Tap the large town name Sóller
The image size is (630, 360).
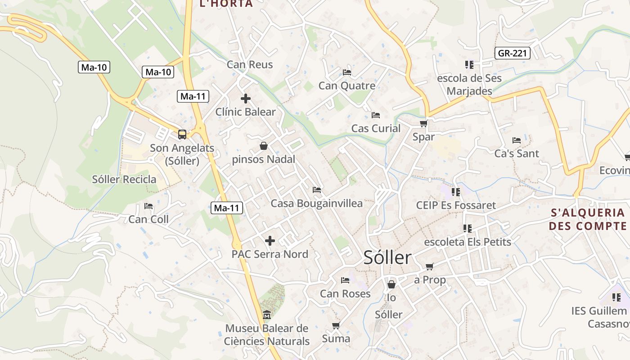click(387, 258)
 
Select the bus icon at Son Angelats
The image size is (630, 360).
click(182, 134)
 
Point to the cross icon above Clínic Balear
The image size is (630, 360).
click(246, 98)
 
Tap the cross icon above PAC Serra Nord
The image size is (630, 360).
click(270, 241)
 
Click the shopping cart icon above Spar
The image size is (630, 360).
click(423, 123)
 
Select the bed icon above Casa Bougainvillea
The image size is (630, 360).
click(317, 190)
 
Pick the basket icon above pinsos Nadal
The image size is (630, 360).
click(264, 146)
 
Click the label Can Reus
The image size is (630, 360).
click(250, 64)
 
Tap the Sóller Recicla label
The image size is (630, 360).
click(124, 179)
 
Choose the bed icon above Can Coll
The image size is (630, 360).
click(148, 206)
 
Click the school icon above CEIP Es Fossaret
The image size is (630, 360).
click(456, 192)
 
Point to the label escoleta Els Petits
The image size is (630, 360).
click(468, 242)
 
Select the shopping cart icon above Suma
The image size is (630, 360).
click(336, 325)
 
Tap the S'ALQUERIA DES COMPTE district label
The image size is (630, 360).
click(588, 219)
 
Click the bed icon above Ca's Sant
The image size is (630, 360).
click(517, 140)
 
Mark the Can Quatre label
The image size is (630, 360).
click(346, 85)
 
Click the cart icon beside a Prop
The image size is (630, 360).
click(430, 266)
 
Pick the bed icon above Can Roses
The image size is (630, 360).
click(345, 280)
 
